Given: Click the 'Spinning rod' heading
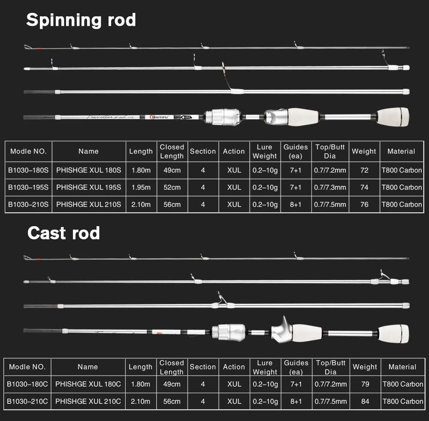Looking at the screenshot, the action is tap(81, 20).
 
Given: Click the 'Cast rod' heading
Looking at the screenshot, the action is tap(63, 233).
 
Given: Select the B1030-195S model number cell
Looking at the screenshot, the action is tap(28, 187).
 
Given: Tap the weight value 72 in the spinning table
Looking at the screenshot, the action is tap(364, 170).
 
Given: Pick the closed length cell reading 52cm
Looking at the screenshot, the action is tap(172, 187).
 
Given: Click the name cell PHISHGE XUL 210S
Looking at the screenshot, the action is tap(89, 204).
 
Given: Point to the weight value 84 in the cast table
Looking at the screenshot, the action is tap(365, 401).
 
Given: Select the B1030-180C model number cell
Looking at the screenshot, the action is tap(27, 384).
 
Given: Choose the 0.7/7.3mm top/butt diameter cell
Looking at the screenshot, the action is tap(330, 187).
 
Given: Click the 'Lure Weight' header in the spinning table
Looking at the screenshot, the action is tap(265, 151).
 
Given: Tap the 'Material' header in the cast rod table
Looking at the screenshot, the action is tap(402, 367).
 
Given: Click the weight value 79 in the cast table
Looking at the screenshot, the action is tap(365, 384).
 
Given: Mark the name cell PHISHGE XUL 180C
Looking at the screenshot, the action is tap(88, 384).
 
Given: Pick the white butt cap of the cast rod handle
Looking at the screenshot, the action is tap(394, 333).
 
